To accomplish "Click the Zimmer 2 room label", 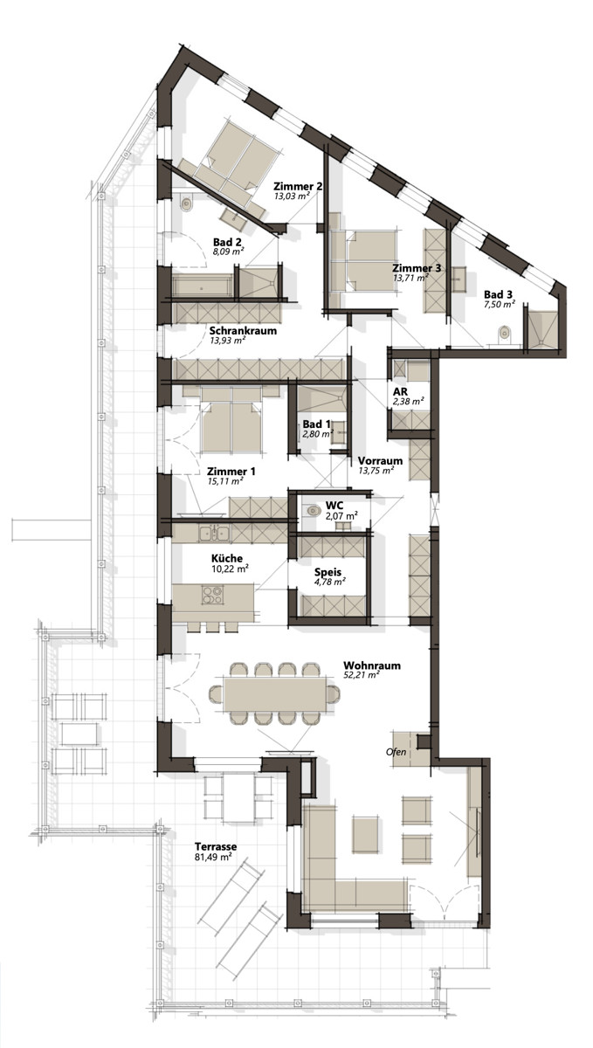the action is point(298,186).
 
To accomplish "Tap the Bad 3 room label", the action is point(498,294).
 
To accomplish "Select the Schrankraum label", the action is point(243,330).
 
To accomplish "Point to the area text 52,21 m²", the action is point(361,674).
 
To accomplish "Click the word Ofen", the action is point(396,752).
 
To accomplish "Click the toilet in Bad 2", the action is point(187,203).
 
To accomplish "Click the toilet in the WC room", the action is point(313,511).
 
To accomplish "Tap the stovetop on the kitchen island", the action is point(212,595).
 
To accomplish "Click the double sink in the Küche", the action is point(213,534).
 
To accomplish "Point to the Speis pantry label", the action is point(328,572).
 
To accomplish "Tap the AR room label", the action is point(400,391).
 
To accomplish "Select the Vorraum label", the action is point(380,460).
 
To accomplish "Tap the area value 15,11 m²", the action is point(225,481).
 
